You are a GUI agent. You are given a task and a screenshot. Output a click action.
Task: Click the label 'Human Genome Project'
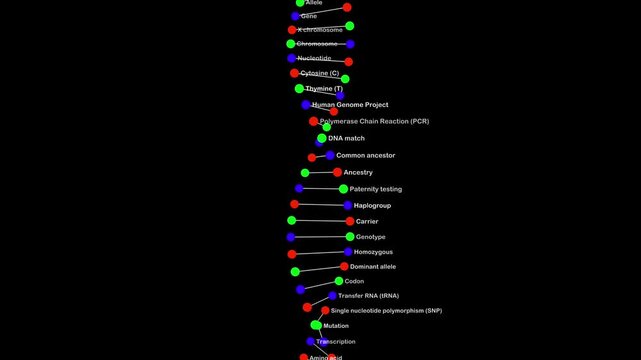pyautogui.click(x=350, y=105)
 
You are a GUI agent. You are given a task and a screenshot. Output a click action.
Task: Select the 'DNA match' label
pyautogui.click(x=346, y=138)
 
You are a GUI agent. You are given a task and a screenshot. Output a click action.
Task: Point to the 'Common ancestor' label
pyautogui.click(x=365, y=155)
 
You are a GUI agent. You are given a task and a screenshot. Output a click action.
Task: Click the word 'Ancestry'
pyautogui.click(x=358, y=172)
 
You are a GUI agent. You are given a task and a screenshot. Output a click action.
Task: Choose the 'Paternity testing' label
pyautogui.click(x=376, y=189)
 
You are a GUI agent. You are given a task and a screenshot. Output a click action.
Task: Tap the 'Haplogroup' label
pyautogui.click(x=372, y=205)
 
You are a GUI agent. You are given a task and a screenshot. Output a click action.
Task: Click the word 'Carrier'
pyautogui.click(x=367, y=221)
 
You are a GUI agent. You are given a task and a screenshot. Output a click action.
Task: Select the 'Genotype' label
pyautogui.click(x=371, y=237)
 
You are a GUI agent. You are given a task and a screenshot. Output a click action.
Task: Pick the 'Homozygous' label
pyautogui.click(x=374, y=252)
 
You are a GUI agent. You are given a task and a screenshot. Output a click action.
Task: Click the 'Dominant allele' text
pyautogui.click(x=373, y=267)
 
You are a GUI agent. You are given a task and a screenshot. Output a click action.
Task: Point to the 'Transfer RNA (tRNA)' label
pyautogui.click(x=368, y=296)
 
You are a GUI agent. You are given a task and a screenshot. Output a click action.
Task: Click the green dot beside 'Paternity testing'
pyautogui.click(x=343, y=189)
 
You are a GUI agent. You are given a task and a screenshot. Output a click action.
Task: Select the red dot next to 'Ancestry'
pyautogui.click(x=337, y=172)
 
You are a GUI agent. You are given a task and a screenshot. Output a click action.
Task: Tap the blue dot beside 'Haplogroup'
pyautogui.click(x=348, y=205)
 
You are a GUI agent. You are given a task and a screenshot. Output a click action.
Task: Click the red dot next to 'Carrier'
pyautogui.click(x=349, y=221)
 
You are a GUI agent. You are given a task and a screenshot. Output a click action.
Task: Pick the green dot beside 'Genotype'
pyautogui.click(x=350, y=237)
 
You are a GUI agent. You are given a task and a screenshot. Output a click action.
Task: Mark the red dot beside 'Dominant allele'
pyautogui.click(x=344, y=267)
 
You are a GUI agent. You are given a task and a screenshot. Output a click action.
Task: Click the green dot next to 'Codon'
pyautogui.click(x=339, y=281)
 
